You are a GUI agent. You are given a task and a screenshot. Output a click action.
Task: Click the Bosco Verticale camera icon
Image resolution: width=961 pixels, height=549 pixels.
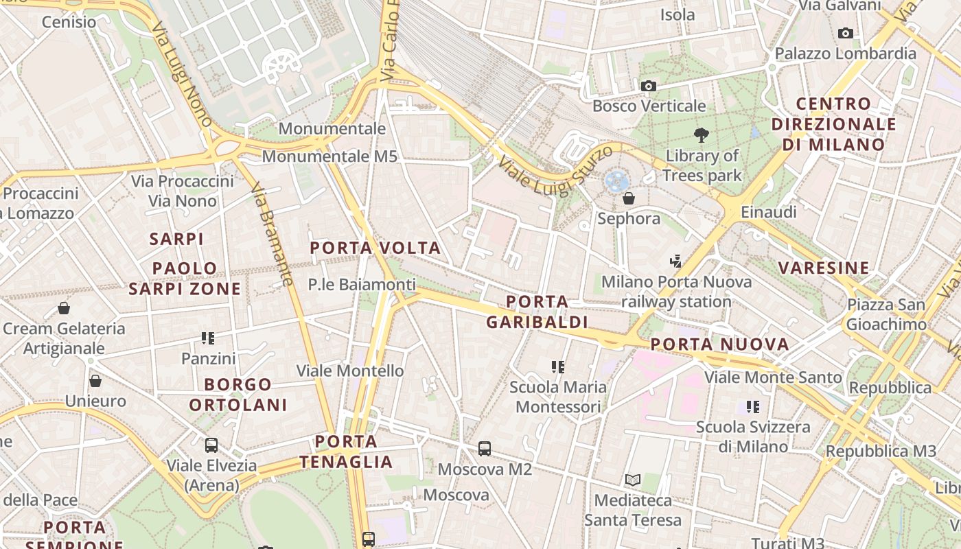(648, 86)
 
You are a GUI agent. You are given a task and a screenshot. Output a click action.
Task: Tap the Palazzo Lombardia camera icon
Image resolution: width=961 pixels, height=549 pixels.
(846, 33)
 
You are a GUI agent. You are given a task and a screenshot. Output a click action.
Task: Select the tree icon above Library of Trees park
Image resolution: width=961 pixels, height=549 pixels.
(701, 135)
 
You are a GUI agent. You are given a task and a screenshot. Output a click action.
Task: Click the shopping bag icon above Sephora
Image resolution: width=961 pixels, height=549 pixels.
(628, 198)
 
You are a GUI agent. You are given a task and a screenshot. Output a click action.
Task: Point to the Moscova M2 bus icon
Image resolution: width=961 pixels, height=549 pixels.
(485, 449)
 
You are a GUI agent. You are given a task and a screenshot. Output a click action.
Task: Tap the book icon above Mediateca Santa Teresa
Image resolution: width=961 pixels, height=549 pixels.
(632, 480)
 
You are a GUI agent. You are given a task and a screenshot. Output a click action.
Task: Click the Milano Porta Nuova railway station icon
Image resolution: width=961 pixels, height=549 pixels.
(676, 261)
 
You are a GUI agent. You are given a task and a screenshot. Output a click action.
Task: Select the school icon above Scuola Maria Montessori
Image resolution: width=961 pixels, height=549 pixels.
(557, 367)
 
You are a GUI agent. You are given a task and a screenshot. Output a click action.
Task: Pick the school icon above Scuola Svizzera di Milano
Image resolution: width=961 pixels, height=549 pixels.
(753, 407)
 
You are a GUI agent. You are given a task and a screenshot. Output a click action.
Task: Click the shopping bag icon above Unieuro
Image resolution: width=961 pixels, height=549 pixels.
(95, 380)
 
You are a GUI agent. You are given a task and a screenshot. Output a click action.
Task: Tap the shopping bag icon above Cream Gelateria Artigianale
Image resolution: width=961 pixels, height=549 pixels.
(64, 308)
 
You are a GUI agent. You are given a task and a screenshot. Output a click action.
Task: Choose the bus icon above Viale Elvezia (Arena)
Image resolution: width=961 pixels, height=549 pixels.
(211, 445)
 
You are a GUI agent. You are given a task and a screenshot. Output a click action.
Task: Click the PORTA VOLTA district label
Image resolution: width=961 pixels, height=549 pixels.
(375, 248)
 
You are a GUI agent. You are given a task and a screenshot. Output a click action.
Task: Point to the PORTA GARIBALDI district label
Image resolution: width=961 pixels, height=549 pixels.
(537, 312)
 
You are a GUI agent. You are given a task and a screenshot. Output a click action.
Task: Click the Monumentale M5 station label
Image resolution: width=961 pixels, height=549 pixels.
(329, 156)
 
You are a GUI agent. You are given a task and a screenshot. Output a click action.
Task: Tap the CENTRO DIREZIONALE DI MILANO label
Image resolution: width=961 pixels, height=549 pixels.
(833, 124)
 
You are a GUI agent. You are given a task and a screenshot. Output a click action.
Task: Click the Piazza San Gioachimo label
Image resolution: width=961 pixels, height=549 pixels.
(885, 314)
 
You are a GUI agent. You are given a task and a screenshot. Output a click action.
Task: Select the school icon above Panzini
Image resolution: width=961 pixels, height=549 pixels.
(208, 338)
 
